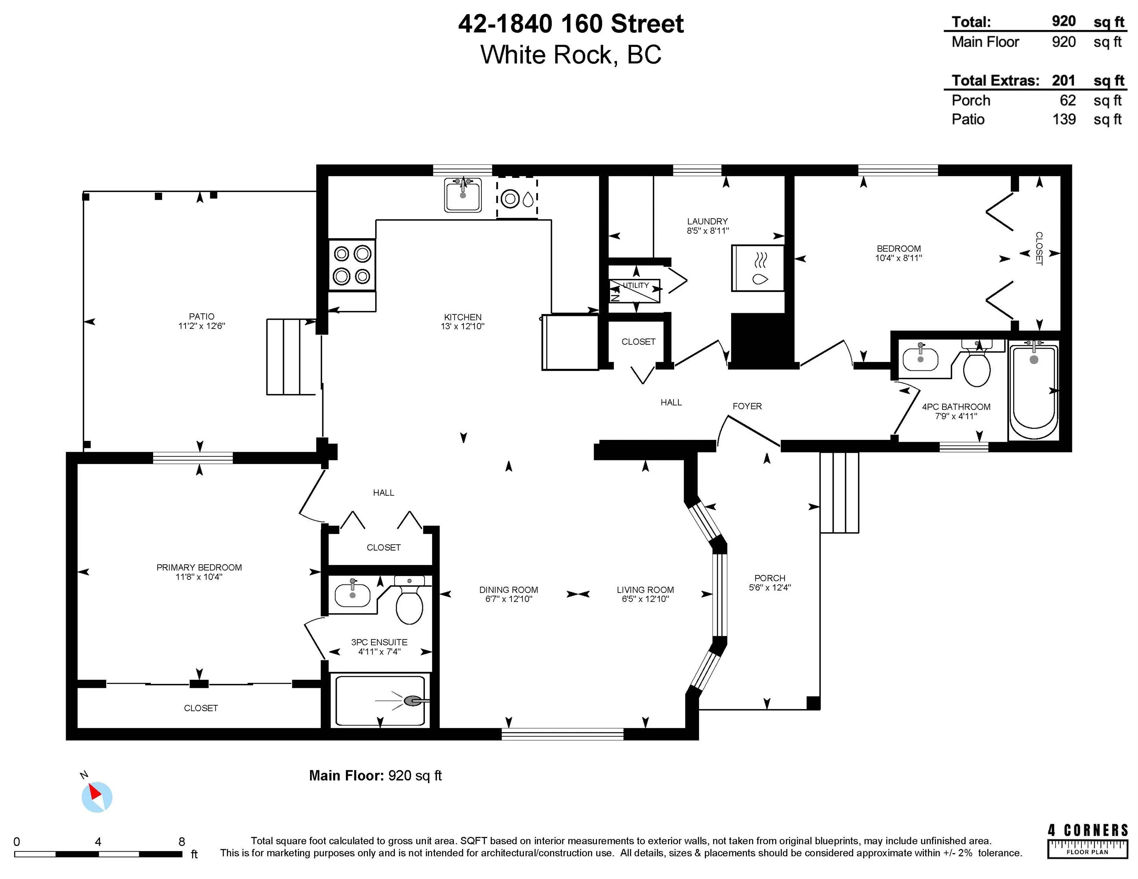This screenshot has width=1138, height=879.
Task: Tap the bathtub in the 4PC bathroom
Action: [1034, 391]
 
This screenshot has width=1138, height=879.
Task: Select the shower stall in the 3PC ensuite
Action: [380, 700]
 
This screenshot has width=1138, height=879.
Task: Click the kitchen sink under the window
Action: [463, 195]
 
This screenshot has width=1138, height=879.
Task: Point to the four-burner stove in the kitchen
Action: [352, 264]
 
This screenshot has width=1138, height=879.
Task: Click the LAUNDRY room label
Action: [707, 221]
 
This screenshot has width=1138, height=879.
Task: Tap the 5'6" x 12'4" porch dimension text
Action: [770, 588]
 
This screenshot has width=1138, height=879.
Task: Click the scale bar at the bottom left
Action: [98, 854]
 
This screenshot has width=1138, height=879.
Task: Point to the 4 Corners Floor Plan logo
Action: [1088, 840]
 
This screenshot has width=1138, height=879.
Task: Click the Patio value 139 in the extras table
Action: [1064, 119]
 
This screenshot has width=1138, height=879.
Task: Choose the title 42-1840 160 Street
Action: [571, 24]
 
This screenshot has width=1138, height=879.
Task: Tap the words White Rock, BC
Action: [571, 55]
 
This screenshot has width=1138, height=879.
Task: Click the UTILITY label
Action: [636, 285]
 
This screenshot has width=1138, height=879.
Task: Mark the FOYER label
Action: [747, 406]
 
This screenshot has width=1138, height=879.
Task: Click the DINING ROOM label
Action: [508, 590]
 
